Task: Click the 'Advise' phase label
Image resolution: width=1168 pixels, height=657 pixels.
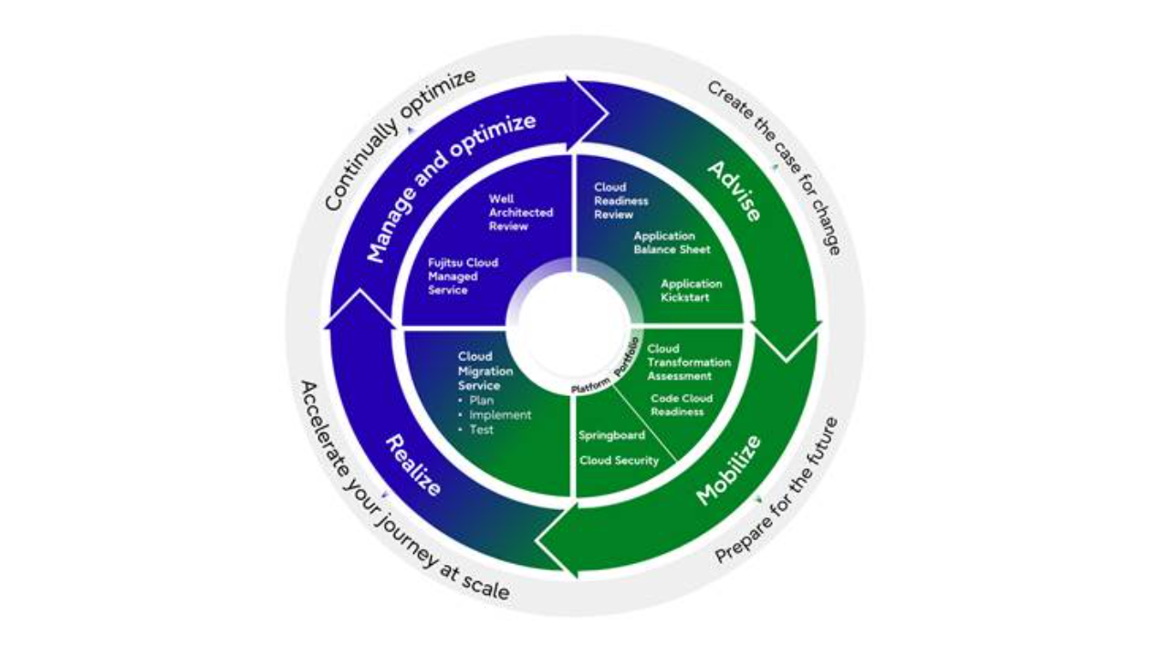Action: coord(735,192)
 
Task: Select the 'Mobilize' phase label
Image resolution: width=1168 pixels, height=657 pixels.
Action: coord(728,470)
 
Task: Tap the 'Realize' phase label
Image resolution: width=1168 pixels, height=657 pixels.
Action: coord(413,465)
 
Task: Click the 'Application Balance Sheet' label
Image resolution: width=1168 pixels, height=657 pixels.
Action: coord(672,242)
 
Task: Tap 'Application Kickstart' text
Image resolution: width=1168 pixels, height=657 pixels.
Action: coord(691,290)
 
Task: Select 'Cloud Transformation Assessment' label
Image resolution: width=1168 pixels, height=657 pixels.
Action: coord(688,362)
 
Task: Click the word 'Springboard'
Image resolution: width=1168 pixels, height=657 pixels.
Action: coord(611,435)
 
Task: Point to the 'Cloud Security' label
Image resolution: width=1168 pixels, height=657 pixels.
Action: coord(619,461)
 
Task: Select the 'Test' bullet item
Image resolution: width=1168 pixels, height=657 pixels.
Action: coord(481,429)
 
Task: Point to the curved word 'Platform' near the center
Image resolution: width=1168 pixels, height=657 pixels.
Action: coord(590,387)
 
